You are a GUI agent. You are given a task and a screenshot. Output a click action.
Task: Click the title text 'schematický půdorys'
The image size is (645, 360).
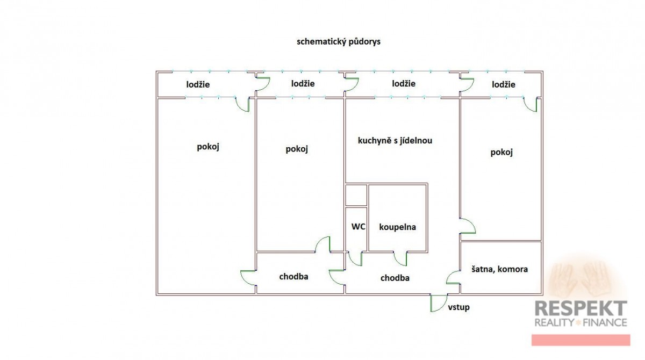(x=338, y=42)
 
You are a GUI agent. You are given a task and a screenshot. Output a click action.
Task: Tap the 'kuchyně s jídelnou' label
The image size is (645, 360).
(x=395, y=141)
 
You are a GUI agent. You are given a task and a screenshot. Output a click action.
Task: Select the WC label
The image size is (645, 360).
(x=359, y=227)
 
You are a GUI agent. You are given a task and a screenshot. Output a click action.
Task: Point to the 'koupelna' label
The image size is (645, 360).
(x=397, y=227)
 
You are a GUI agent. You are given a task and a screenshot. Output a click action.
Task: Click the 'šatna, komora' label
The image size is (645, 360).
(x=499, y=269)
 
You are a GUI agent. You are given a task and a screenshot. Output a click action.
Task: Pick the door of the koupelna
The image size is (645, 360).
(x=400, y=259)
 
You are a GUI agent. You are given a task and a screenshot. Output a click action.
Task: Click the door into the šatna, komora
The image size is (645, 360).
(x=454, y=277)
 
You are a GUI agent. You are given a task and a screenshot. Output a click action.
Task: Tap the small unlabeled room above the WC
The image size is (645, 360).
(x=356, y=195)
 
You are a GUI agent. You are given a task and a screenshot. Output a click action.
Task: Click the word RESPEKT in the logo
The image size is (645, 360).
(x=580, y=308)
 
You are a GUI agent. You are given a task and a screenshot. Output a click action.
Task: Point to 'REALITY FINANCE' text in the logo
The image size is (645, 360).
(x=580, y=322)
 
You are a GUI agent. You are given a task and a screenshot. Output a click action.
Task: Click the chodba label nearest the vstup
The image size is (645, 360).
(x=395, y=278)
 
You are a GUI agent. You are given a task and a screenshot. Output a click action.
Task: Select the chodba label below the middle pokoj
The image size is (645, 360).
(x=293, y=277)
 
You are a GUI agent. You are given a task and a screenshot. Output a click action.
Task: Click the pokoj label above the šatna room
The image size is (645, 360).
(x=501, y=152)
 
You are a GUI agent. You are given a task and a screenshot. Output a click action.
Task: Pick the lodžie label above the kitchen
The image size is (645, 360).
(x=404, y=83)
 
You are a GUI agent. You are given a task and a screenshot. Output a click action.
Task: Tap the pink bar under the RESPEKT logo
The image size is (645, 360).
(x=580, y=340)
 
